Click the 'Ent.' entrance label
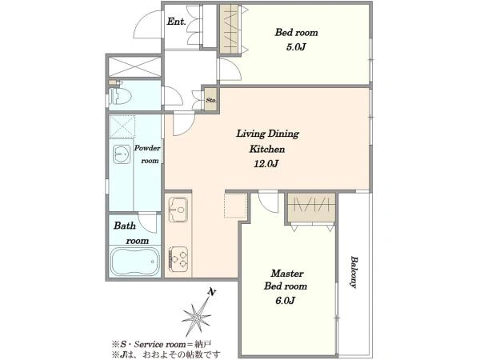(x=176, y=22)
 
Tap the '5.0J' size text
(x=296, y=47)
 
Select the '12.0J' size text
(x=266, y=164)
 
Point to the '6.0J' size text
(x=286, y=301)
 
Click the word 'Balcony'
(x=354, y=272)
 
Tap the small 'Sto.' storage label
(x=211, y=100)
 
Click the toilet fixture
(x=120, y=95)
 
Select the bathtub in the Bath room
(x=135, y=262)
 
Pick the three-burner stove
(x=178, y=259)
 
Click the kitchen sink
(x=178, y=209)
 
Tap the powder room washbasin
(x=122, y=154)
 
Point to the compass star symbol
(x=196, y=318)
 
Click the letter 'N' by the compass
(x=211, y=292)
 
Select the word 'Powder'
(x=147, y=148)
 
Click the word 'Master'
(x=287, y=273)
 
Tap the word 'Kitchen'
(x=267, y=149)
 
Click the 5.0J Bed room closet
(x=230, y=29)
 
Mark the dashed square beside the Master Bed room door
(x=236, y=206)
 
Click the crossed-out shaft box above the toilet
(x=134, y=66)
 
